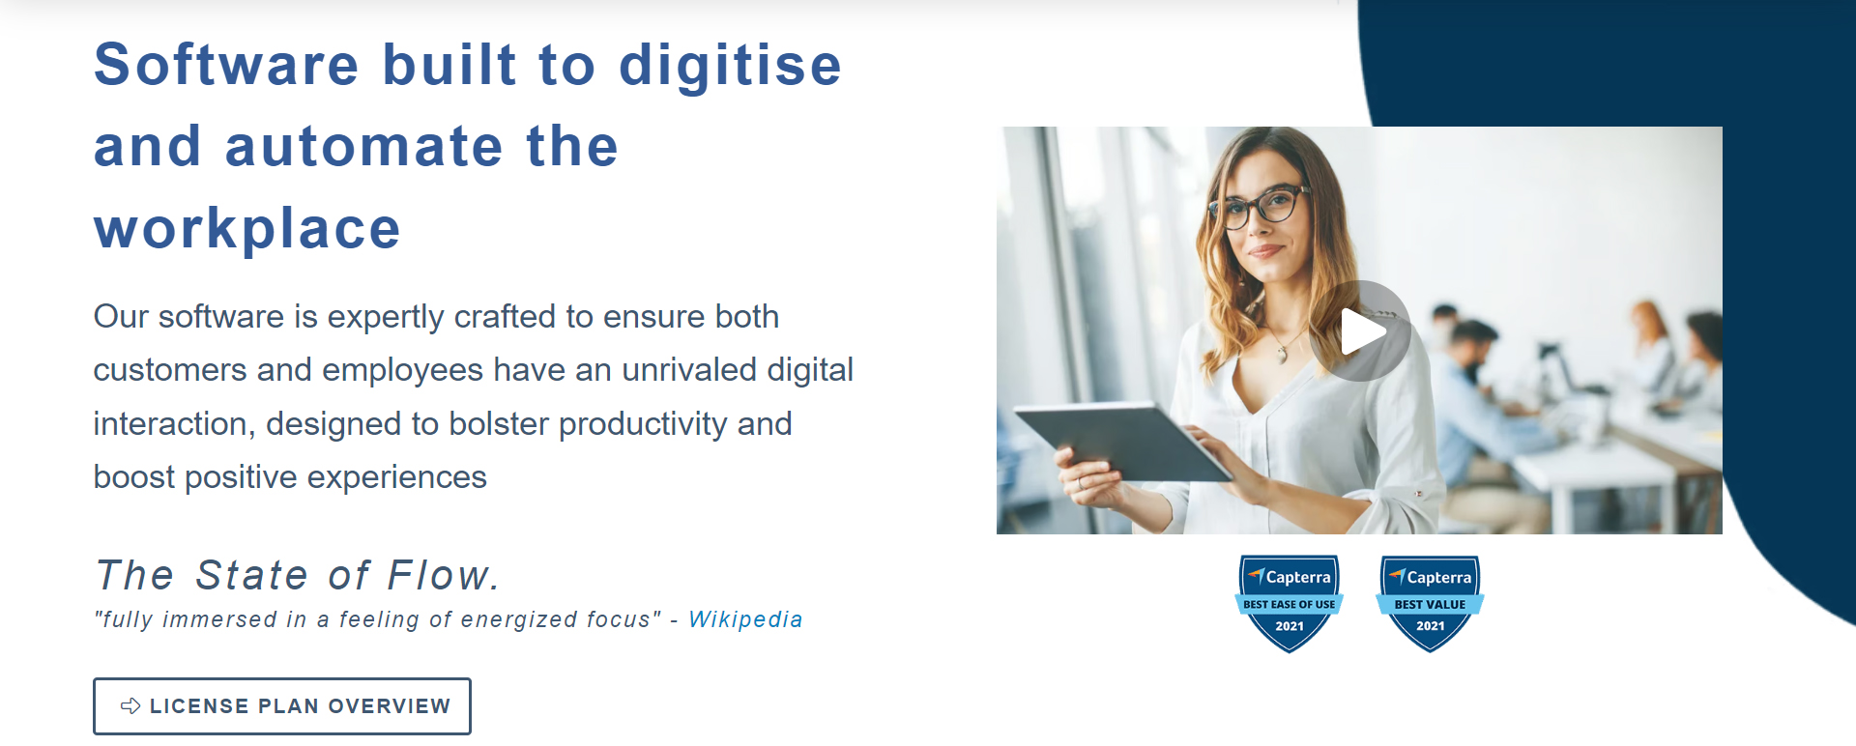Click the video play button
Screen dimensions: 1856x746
[1360, 331]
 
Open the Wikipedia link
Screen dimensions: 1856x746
[745, 619]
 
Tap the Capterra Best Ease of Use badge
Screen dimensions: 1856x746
[1290, 603]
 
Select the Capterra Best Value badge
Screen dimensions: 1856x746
[1430, 603]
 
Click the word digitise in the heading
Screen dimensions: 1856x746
[730, 65]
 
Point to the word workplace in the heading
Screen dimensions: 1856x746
[246, 229]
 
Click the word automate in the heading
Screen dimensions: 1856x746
[363, 147]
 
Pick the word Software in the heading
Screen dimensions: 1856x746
[226, 65]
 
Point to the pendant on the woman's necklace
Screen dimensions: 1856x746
[1283, 355]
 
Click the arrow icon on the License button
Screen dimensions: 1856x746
[130, 706]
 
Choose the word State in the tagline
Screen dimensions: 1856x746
[252, 575]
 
